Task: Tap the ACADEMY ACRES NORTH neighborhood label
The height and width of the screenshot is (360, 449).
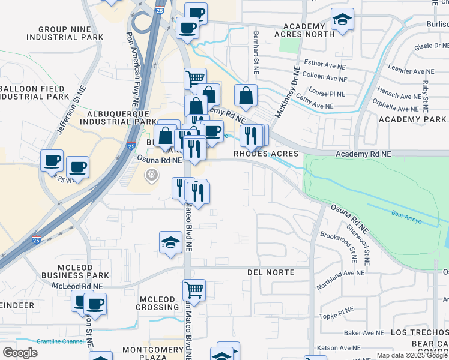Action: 308,30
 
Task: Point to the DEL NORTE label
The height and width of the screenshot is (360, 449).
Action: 271,272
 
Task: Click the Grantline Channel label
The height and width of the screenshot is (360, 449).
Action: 60,341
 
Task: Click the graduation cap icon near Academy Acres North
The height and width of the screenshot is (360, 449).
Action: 342,20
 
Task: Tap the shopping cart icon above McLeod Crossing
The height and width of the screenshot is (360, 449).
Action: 194,290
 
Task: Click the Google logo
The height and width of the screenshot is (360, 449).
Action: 20,353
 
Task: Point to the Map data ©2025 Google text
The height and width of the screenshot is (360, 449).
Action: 412,355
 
